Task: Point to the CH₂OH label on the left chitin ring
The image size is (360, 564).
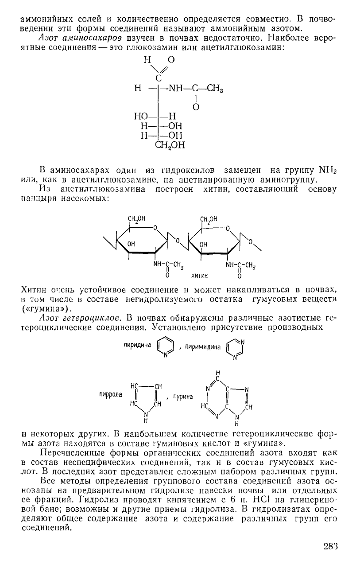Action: click(137, 218)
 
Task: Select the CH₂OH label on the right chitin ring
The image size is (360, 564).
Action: click(209, 218)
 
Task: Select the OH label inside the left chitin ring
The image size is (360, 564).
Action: click(132, 244)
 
